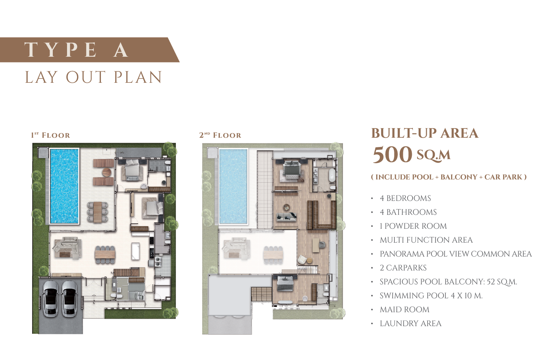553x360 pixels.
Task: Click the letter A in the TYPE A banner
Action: coord(121,50)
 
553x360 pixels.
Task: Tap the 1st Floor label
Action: coord(51,135)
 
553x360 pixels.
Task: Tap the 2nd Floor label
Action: coord(220,135)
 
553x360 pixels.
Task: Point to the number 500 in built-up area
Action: coord(393,154)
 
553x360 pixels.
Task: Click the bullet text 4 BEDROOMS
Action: coord(405,198)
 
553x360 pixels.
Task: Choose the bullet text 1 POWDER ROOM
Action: coord(413,226)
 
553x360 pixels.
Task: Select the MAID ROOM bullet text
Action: coord(405,310)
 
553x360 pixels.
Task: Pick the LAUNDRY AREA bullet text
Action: coord(410,324)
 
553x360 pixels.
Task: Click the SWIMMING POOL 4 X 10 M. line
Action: coord(431,295)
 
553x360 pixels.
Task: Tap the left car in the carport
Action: coord(51,299)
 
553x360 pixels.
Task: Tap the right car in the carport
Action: coord(70,299)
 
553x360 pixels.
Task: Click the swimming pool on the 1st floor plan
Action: coord(65,186)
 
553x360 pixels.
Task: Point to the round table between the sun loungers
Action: coord(107,172)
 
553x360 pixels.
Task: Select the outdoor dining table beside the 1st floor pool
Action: coord(98,212)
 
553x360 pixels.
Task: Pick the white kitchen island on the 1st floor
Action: coord(135,251)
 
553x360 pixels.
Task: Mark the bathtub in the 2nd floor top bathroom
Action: coord(332,175)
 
